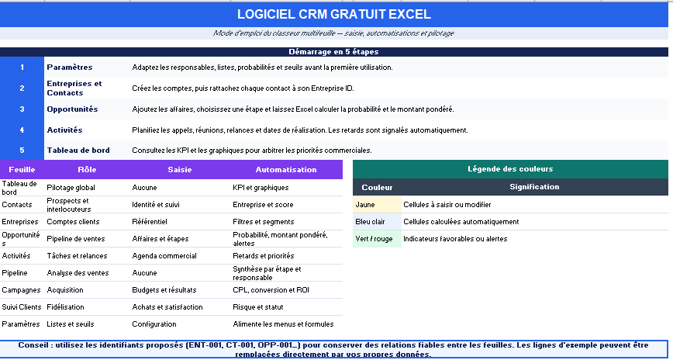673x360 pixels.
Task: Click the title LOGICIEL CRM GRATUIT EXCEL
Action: [334, 14]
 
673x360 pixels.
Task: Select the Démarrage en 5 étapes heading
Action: [333, 52]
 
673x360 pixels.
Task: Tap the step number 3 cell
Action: [22, 109]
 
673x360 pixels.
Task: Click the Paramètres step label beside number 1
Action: [70, 67]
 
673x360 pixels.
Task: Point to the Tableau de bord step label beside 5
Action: [78, 151]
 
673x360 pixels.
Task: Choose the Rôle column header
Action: [87, 170]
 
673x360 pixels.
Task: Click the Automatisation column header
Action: [286, 170]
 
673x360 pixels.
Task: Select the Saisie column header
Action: [180, 170]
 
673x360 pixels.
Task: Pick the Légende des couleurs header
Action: [510, 169]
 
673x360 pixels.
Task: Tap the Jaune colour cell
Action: [378, 205]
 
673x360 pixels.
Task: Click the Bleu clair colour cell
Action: [378, 222]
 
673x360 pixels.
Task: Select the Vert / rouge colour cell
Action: [378, 239]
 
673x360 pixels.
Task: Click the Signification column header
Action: [534, 187]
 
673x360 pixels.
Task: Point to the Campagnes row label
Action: [21, 290]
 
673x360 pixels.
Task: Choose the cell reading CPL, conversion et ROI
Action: [271, 290]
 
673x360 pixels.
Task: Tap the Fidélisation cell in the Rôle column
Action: [65, 307]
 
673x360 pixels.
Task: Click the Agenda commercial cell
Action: [164, 255]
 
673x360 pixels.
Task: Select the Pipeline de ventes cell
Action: [75, 239]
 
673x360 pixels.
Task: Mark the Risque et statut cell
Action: [258, 307]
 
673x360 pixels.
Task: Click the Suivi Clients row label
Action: [22, 307]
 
